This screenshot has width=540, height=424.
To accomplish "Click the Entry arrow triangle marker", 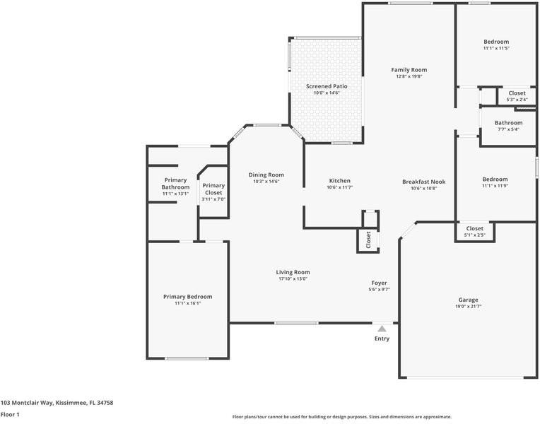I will click(382, 329).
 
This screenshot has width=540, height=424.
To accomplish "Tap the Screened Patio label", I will click(327, 86).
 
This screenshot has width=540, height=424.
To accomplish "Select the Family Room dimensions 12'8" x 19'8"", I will click(409, 76).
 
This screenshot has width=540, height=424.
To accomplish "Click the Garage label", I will click(468, 300).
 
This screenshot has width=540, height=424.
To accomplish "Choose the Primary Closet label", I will click(213, 189).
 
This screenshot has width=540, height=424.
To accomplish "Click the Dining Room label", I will click(266, 175).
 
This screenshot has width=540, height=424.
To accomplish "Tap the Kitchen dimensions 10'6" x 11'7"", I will click(339, 187).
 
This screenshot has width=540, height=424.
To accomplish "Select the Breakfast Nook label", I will click(424, 181).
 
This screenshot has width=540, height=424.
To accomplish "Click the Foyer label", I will click(379, 283).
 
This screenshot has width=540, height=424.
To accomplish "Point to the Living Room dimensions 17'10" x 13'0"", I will click(293, 278).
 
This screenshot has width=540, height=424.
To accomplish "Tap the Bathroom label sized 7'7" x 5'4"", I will click(508, 123).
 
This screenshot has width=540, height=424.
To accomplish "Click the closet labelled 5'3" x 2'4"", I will click(517, 93).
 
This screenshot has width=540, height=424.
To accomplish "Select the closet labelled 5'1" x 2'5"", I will click(474, 229).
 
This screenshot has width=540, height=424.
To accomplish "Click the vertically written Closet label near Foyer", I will click(368, 240).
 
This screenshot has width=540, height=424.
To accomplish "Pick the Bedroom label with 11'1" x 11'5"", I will click(496, 42).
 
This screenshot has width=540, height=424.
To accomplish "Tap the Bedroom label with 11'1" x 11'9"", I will click(495, 179).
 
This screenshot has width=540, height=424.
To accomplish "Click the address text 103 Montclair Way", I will click(57, 402).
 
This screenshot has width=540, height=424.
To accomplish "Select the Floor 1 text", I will click(10, 415).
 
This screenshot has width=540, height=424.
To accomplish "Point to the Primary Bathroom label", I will click(175, 184).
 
